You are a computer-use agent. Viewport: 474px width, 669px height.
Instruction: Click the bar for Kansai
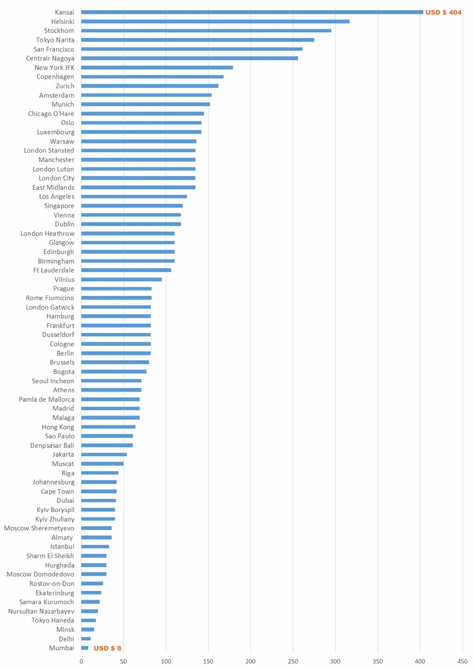pos(252,12)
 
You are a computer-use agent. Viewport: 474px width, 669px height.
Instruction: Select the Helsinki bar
pos(215,21)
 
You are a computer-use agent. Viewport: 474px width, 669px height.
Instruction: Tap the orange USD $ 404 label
pos(443,12)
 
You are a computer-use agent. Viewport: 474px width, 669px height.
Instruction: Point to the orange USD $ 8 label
pos(107,648)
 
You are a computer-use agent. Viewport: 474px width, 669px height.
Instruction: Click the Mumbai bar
pos(85,648)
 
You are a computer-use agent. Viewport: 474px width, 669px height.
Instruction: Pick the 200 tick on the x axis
pos(250,661)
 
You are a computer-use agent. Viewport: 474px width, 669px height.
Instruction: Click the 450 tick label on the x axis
pos(462,661)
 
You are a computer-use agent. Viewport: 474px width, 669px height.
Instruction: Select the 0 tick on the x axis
pos(81,661)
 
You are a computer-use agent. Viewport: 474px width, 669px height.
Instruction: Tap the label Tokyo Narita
pos(55,40)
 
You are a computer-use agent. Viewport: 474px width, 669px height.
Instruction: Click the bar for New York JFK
pos(157,68)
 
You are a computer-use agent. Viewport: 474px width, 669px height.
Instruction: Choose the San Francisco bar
pos(191,49)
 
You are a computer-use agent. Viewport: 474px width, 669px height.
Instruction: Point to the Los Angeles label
pos(57,197)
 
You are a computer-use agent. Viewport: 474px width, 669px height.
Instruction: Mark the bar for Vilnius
pos(121,279)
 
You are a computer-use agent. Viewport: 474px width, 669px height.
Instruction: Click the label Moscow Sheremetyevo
pos(39,528)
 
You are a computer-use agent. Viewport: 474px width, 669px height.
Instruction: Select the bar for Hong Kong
pos(108,427)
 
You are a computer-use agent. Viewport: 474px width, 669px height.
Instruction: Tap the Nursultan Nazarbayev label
pos(41,611)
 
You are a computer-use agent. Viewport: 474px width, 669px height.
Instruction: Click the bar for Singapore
pos(132,206)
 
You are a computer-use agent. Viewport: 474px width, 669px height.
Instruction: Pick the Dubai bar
pos(98,501)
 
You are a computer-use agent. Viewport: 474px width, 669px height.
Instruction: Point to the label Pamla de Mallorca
pos(47,399)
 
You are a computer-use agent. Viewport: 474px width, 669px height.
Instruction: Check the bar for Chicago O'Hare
pos(142,114)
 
